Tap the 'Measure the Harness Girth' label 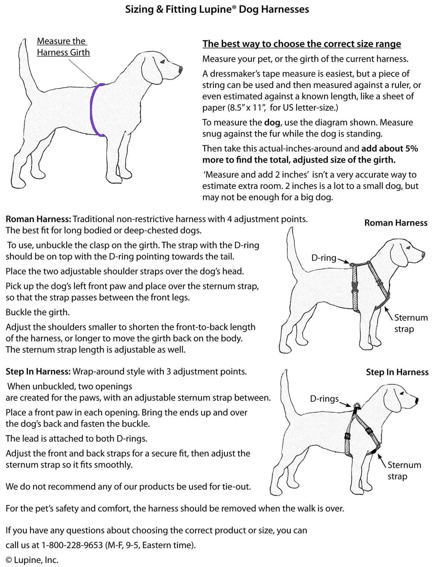pyautogui.click(x=63, y=47)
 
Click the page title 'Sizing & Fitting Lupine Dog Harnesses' pyautogui.click(x=217, y=9)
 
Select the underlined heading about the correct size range pyautogui.click(x=302, y=44)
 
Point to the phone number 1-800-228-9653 pyautogui.click(x=72, y=545)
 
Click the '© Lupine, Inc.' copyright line pyautogui.click(x=32, y=560)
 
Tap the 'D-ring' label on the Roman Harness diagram pyautogui.click(x=324, y=258)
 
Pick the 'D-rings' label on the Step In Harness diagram pyautogui.click(x=324, y=399)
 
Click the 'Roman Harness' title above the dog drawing pyautogui.click(x=396, y=223)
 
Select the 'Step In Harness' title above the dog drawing pyautogui.click(x=397, y=372)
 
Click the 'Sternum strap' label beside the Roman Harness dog pyautogui.click(x=410, y=323)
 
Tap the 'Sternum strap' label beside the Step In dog pyautogui.click(x=404, y=470)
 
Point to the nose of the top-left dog pyautogui.click(x=181, y=69)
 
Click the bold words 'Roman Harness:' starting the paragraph pyautogui.click(x=39, y=219)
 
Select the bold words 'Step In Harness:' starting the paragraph pyautogui.click(x=38, y=371)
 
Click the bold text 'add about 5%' pyautogui.click(x=390, y=148)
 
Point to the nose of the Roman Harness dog pyautogui.click(x=423, y=254)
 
